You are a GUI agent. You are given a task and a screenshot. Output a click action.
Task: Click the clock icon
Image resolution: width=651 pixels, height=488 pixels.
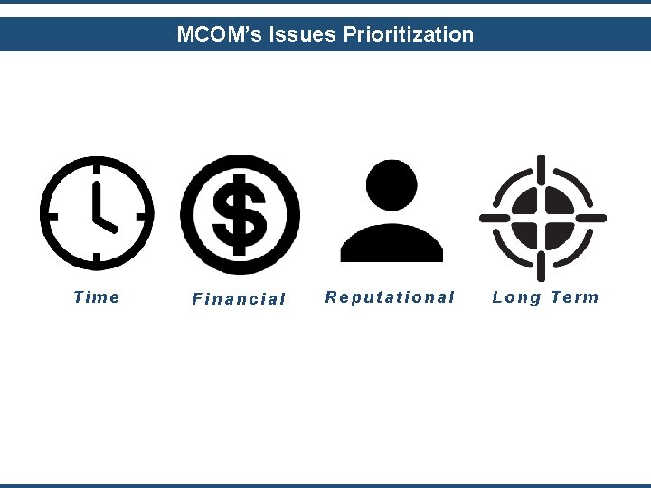(96, 214)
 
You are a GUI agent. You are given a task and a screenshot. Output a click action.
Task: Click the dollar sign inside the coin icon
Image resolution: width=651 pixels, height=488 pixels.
(240, 215)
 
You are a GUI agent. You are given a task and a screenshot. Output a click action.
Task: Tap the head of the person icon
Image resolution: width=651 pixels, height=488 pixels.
(392, 185)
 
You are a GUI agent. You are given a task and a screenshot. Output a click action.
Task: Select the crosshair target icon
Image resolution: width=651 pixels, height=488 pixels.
(542, 217)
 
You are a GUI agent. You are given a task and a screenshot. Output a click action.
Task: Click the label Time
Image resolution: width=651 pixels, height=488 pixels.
(96, 297)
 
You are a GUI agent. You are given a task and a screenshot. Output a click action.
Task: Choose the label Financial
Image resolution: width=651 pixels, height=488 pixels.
(239, 299)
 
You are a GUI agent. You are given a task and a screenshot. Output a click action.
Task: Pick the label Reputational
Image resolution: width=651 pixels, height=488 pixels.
(390, 297)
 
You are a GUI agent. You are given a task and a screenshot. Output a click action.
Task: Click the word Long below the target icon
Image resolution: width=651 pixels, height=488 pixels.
(516, 297)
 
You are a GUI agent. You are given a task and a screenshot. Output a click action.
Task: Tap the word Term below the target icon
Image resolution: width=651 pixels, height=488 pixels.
(574, 297)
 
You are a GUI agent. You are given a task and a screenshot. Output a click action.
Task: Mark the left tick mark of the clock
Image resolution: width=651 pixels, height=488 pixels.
(52, 215)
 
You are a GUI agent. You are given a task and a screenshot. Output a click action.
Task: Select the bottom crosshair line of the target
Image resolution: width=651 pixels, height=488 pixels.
(542, 266)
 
